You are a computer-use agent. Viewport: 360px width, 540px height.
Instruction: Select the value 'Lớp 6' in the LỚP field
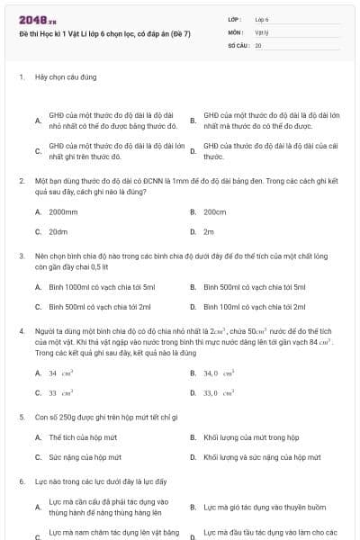(x=262, y=19)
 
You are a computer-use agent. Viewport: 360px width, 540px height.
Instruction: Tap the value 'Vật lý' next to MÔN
(x=261, y=31)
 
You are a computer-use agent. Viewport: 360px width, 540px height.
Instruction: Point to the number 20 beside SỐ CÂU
(x=258, y=44)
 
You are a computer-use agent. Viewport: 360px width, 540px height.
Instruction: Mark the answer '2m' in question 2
(x=209, y=231)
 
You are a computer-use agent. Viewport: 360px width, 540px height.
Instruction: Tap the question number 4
(x=22, y=332)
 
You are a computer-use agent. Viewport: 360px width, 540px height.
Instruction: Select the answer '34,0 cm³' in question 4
(x=219, y=373)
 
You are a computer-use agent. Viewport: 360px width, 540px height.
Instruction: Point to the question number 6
(x=22, y=481)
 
